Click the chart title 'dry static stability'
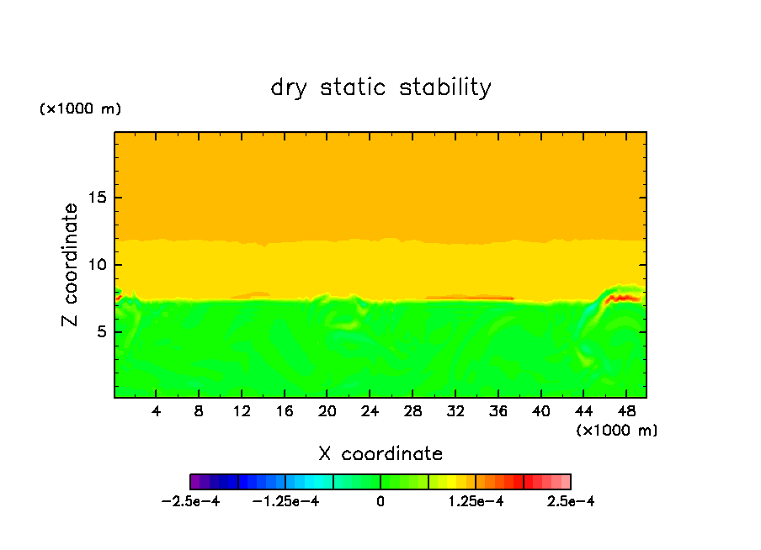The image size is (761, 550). point(380,87)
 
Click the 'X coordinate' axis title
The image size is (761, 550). point(380,454)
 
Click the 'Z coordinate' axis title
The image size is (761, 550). point(70,265)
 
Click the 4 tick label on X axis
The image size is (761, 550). point(157,411)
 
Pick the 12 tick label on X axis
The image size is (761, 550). point(242,411)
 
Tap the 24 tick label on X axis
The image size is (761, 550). point(370,411)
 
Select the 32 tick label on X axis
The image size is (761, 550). point(455,411)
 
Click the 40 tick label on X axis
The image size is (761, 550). point(540,411)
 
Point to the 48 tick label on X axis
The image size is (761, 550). point(625,411)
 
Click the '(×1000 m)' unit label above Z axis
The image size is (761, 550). point(80,109)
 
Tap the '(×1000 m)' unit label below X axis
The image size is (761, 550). point(617,430)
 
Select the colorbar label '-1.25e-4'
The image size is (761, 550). point(286,502)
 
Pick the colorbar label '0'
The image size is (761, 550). point(380,502)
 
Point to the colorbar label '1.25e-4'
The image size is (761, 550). point(476,502)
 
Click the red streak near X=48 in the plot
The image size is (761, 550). point(624,298)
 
